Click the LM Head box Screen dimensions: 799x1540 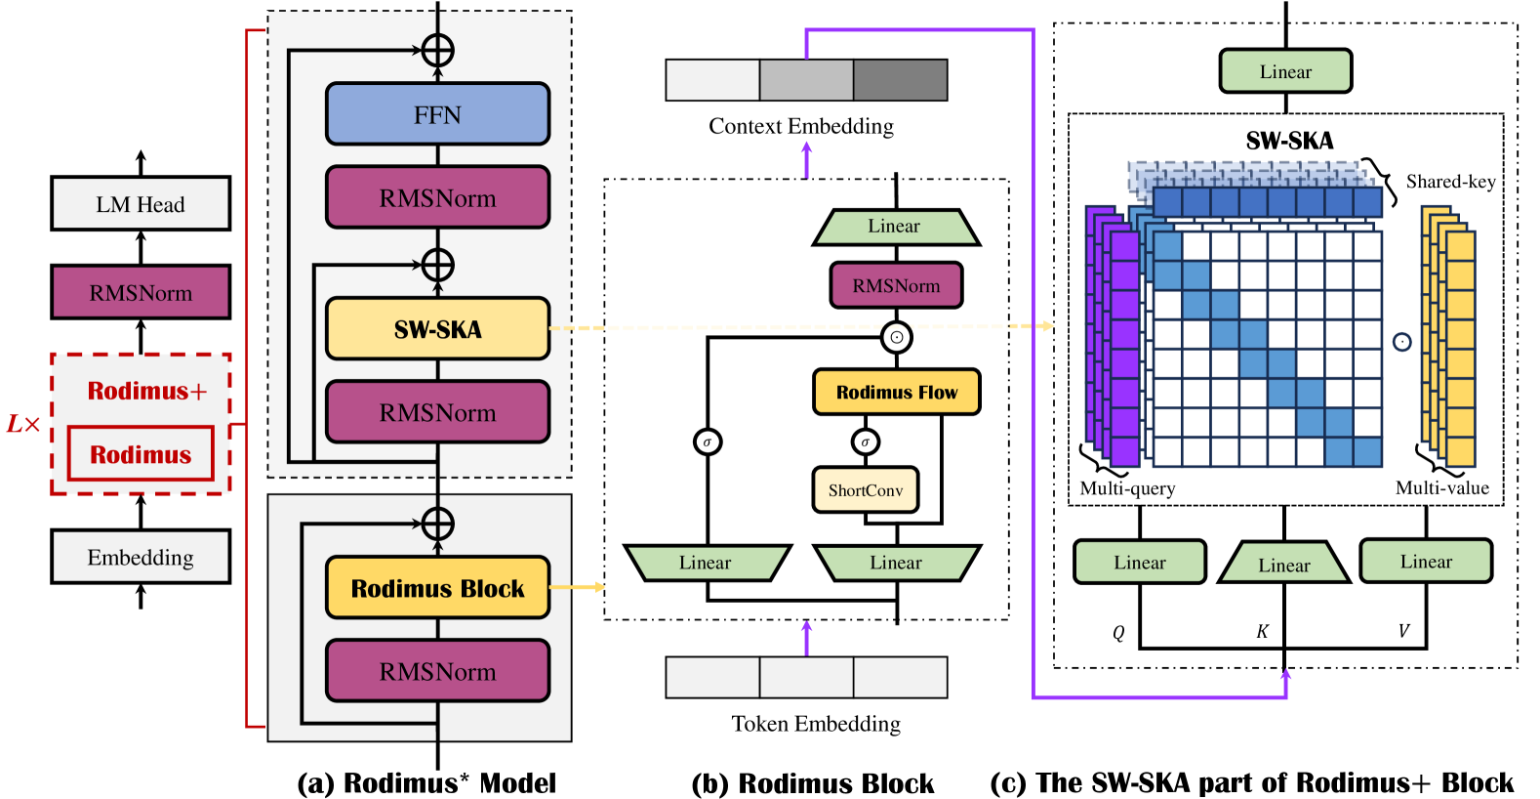coord(141,204)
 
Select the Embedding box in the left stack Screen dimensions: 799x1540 coord(141,557)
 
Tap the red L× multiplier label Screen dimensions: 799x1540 coord(23,424)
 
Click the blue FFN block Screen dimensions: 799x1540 coord(437,114)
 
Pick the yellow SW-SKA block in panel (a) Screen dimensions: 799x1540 coord(437,329)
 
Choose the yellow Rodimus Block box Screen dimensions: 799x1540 coord(437,588)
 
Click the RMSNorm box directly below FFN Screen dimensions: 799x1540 coord(437,198)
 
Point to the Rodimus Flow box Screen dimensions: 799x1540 coord(896,392)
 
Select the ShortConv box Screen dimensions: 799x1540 coord(866,489)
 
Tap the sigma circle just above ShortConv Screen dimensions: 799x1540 coord(865,442)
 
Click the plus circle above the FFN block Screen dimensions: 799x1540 coord(437,50)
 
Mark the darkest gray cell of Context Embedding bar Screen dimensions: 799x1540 coord(900,79)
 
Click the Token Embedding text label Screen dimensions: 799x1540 coord(816,724)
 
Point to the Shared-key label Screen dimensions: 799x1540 coord(1450,182)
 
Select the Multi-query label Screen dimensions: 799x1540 coord(1127,488)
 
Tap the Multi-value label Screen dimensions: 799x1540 coord(1441,488)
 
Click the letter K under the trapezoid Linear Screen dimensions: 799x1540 coord(1262,632)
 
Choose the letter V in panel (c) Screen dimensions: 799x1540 coord(1403,631)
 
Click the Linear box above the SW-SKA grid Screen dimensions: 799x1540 coord(1285,71)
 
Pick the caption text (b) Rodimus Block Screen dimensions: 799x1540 coord(812,783)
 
